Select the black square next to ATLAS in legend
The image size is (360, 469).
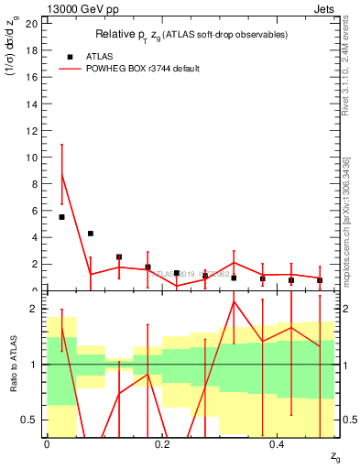click(x=70, y=56)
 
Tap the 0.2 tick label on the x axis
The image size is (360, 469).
click(x=162, y=444)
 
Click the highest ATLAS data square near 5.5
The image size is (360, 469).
click(x=61, y=217)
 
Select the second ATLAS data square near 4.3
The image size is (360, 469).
click(x=91, y=234)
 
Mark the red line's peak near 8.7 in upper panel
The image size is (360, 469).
click(x=61, y=174)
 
